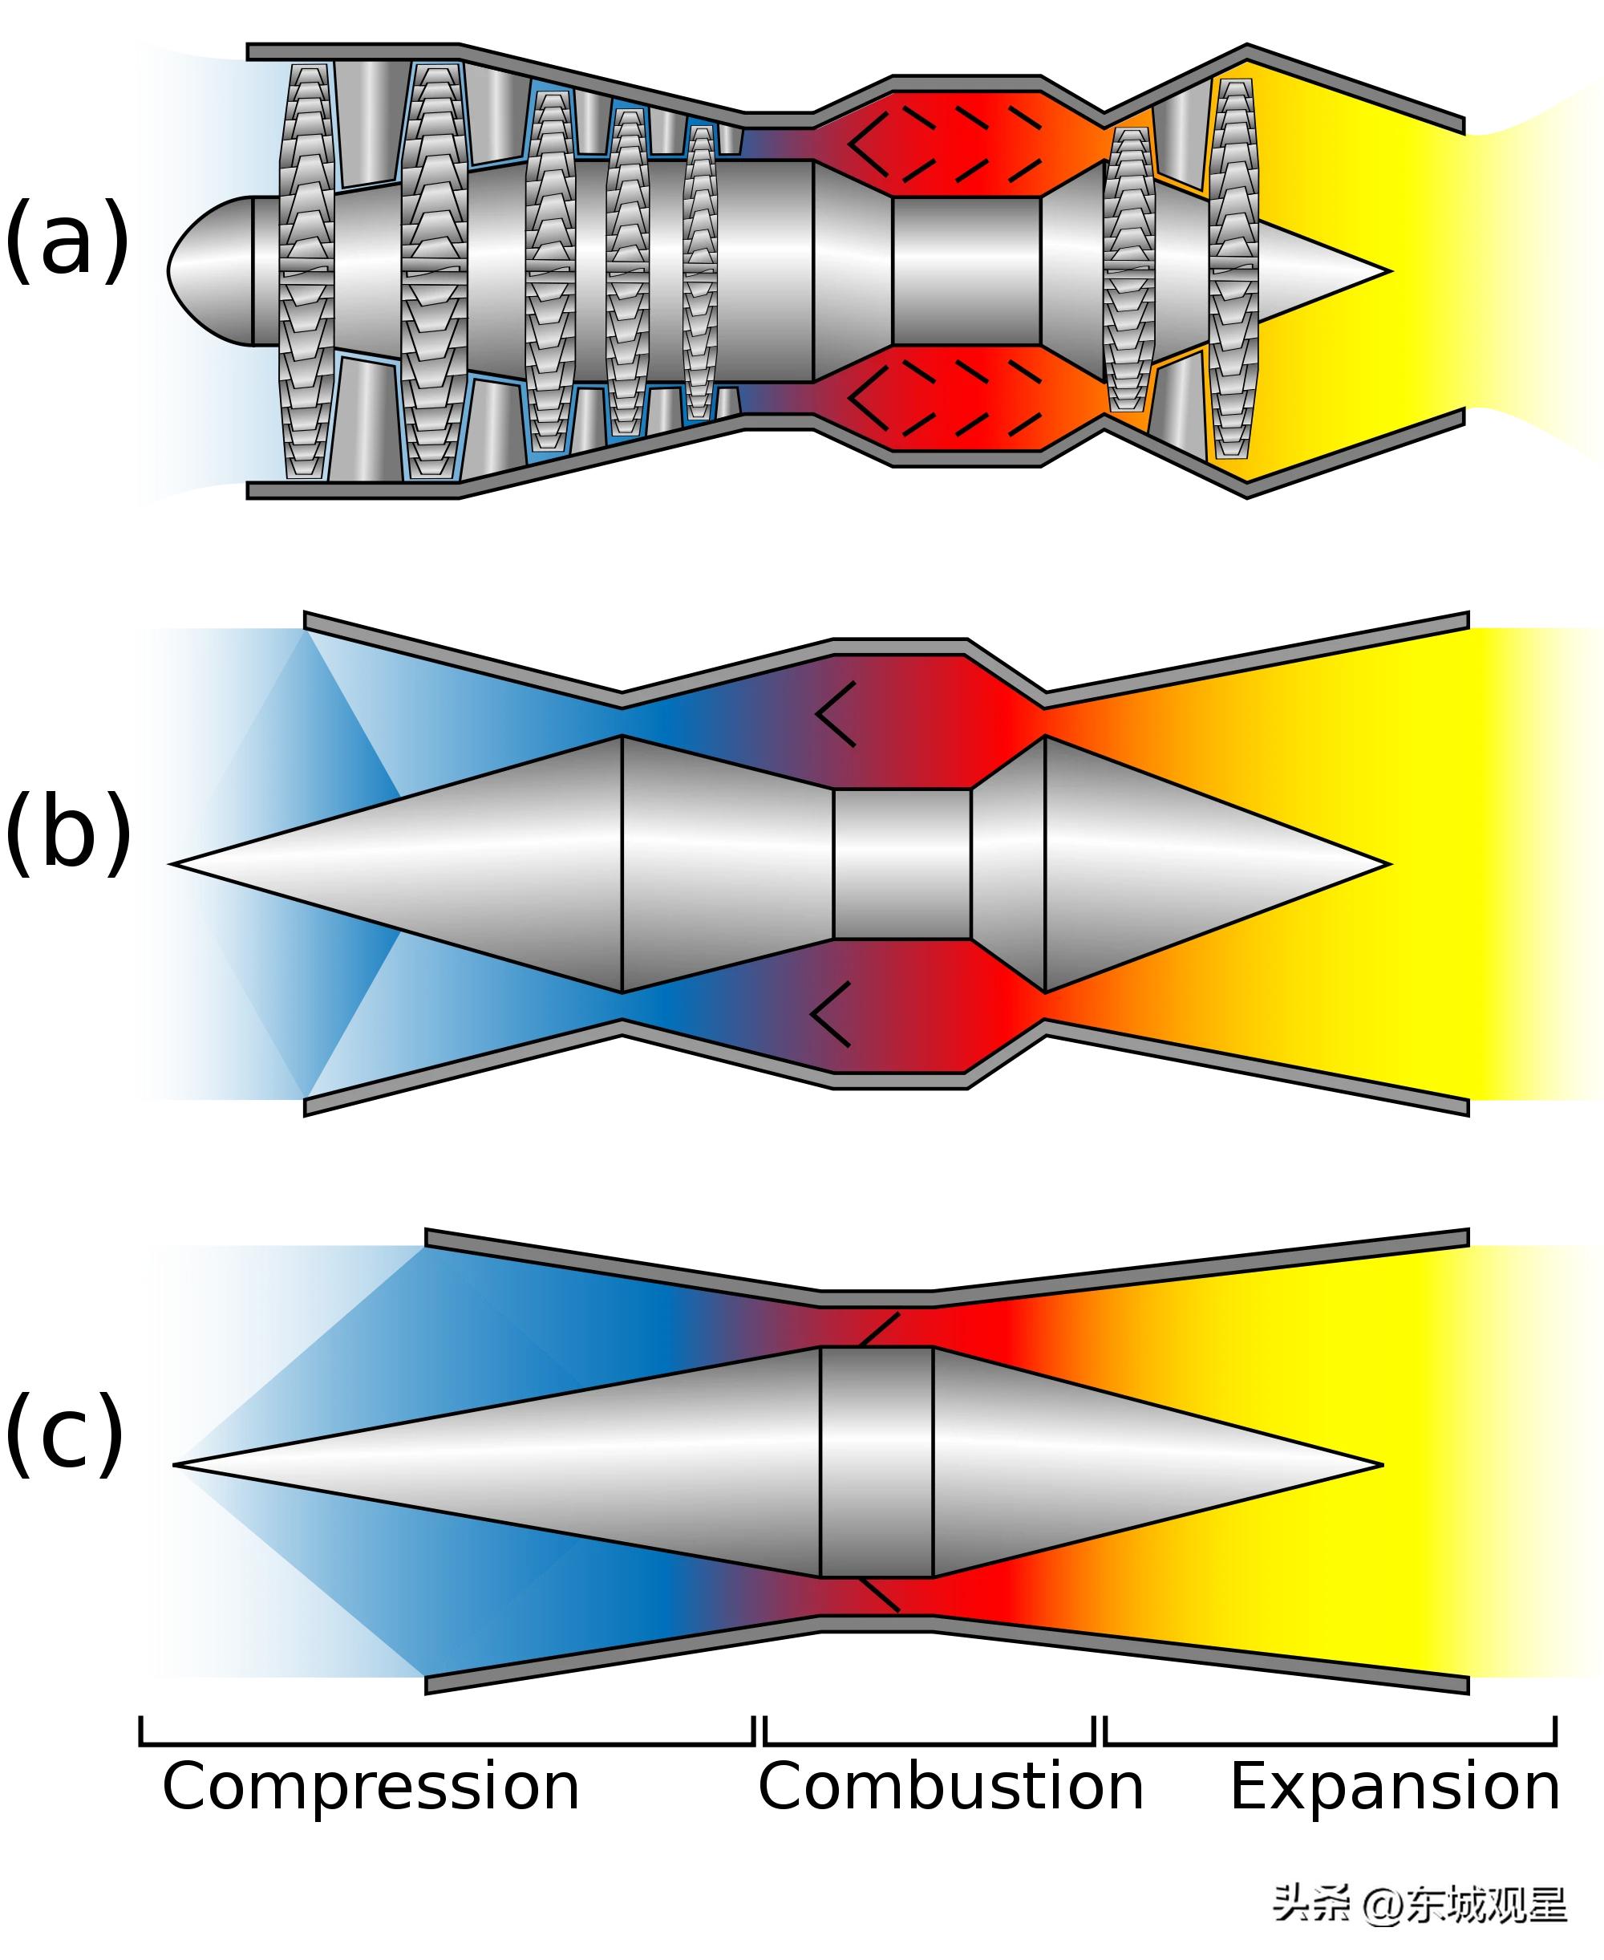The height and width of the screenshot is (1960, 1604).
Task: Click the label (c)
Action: point(65,1432)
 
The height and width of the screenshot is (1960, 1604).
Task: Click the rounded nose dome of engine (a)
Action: point(208,270)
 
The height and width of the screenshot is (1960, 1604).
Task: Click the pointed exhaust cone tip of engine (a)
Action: point(1381,272)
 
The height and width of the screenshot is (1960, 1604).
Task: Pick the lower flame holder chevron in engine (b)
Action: point(831,1014)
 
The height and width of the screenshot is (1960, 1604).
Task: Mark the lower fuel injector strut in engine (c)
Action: point(879,1595)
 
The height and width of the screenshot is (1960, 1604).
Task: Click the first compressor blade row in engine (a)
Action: point(306,270)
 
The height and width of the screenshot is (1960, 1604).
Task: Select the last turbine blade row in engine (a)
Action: point(1233,270)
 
